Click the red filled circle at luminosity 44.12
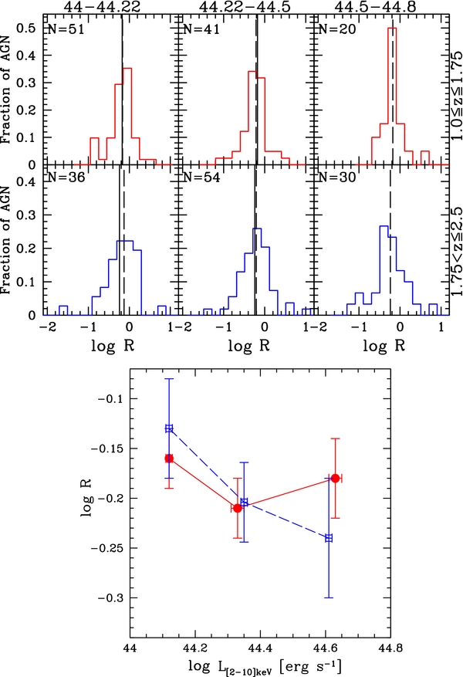[x=169, y=459]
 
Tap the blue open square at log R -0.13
[x=169, y=428]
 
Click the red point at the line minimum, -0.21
[x=238, y=508]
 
